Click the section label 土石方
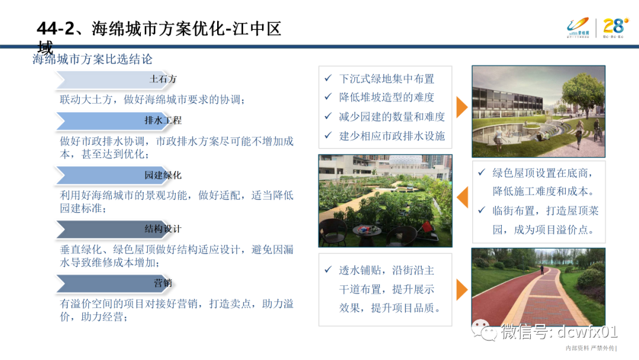[x=163, y=79]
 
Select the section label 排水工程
[x=163, y=120]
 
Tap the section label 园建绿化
[x=163, y=175]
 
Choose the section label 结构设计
[x=163, y=229]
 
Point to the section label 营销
[x=163, y=283]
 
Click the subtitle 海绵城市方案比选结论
[x=92, y=59]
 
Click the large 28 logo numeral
[x=614, y=25]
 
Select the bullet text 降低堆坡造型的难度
[x=386, y=97]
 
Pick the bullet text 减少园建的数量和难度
[x=392, y=117]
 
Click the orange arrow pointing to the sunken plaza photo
[x=461, y=107]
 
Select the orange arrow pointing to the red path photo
[x=461, y=288]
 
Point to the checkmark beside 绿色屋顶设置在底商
[x=482, y=172]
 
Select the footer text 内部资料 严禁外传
[x=590, y=348]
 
